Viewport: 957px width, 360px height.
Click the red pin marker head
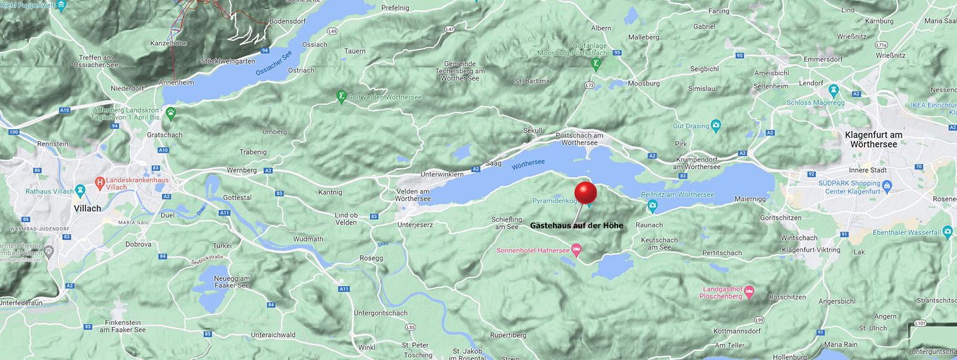pos(585,193)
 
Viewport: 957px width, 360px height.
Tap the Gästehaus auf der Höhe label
pos(577,225)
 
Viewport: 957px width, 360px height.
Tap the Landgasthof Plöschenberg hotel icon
pos(749,292)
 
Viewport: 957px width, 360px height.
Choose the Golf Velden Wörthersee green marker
pos(341,97)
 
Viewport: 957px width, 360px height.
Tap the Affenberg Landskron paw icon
pos(170,114)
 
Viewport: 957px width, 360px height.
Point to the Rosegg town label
pos(372,258)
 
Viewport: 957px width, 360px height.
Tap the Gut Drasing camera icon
pos(715,125)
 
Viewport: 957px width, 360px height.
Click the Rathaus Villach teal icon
pos(80,191)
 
